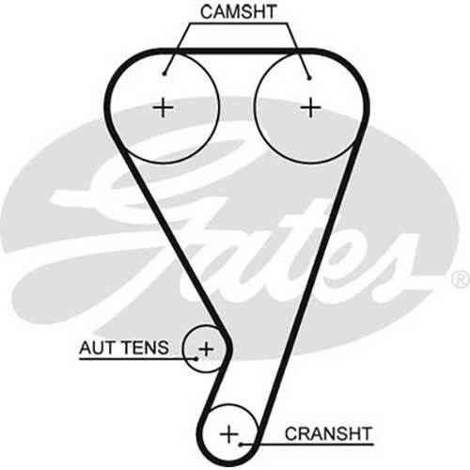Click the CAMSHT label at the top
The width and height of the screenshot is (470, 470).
[238, 12]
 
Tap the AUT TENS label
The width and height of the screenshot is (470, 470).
[124, 348]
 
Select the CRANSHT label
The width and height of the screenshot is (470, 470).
[328, 433]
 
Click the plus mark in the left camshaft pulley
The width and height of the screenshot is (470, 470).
[163, 107]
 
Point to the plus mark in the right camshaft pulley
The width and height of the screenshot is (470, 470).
[310, 107]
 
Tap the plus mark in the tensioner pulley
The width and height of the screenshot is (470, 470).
[206, 349]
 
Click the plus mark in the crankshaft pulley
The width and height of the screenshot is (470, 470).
[229, 434]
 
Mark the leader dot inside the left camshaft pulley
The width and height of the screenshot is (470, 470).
[164, 74]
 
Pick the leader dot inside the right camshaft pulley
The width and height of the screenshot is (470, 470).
[309, 78]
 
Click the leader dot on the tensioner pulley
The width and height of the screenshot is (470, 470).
[196, 358]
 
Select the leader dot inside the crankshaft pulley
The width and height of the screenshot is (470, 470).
[241, 444]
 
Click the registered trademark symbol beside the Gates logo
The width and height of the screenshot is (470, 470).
[461, 279]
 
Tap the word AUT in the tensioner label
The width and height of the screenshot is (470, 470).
[95, 348]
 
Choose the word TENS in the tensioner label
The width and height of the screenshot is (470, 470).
[144, 348]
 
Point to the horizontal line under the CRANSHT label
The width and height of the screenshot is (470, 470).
[307, 444]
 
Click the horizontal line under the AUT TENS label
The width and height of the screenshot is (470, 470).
[138, 358]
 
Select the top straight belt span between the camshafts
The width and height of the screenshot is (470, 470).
[237, 51]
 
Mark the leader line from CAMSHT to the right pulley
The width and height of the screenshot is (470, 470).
[298, 50]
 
